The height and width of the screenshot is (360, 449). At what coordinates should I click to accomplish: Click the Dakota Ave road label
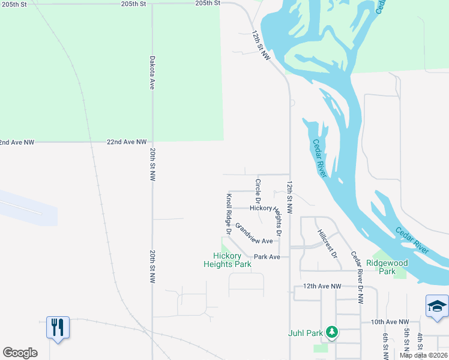(x=152, y=73)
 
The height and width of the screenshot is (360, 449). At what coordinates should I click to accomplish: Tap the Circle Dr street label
(x=258, y=190)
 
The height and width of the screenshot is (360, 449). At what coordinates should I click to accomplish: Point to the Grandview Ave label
(x=254, y=234)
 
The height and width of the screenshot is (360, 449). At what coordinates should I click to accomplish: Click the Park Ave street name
(x=267, y=257)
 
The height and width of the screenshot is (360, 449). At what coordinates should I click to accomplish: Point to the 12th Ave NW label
(x=322, y=287)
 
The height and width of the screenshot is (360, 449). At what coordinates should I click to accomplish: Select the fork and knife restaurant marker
(x=58, y=327)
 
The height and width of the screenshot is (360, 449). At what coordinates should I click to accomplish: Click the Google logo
(x=20, y=353)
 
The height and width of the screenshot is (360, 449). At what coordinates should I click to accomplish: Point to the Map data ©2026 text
(x=423, y=355)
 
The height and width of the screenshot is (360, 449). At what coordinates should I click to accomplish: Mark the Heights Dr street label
(x=277, y=221)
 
